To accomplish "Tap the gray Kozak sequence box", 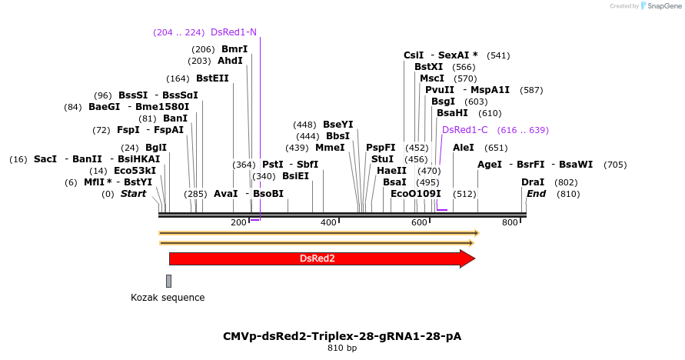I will coord(169,281).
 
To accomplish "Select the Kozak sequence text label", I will coord(168,298).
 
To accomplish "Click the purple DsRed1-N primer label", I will coord(234,32).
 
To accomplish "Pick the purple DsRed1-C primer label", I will coord(464,130).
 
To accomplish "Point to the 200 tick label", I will coord(239,222).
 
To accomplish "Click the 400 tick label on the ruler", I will coord(329,222).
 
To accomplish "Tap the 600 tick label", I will coord(419,222).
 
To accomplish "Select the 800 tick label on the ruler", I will coord(510,222).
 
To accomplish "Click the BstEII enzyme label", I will coord(212,78).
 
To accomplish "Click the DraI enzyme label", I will coord(533,182).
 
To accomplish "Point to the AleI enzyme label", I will coord(464,148).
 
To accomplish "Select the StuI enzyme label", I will coord(382,159).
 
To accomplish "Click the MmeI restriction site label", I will coord(330,148).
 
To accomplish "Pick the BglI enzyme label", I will coord(156,148).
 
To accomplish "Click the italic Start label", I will coord(133,194).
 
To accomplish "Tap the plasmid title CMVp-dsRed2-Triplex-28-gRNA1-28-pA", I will coord(342,336).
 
